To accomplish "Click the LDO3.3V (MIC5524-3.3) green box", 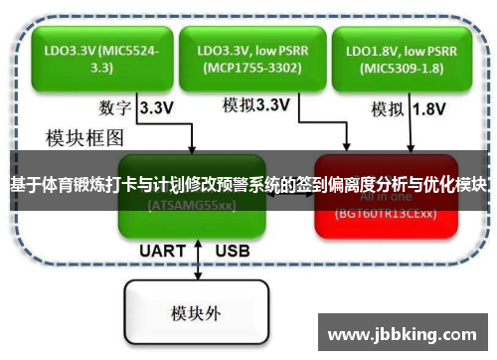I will click(x=92, y=57).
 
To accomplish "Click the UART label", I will click(x=162, y=250).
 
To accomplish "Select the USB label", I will click(x=233, y=250).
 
